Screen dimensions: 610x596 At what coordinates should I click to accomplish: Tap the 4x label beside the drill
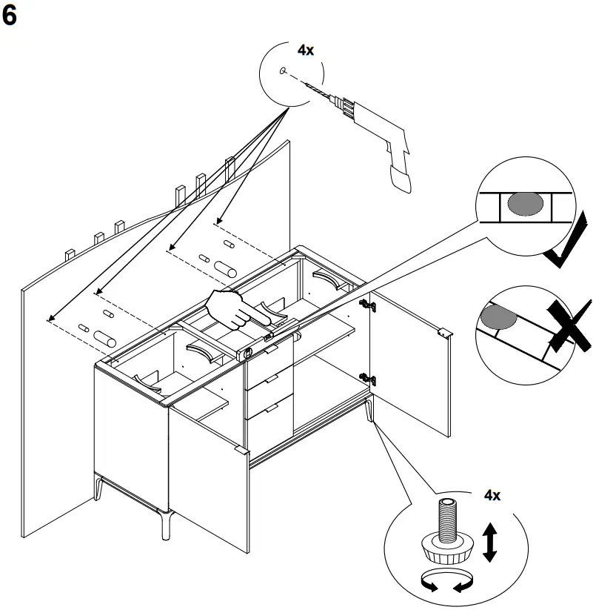pyautogui.click(x=305, y=50)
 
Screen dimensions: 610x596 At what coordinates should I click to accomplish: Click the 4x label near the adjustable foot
pyautogui.click(x=492, y=495)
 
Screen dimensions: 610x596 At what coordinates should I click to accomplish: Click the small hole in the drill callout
pyautogui.click(x=284, y=71)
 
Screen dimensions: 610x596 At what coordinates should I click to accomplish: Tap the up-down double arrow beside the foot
pyautogui.click(x=489, y=542)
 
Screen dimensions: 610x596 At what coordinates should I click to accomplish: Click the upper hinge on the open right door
pyautogui.click(x=364, y=305)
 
